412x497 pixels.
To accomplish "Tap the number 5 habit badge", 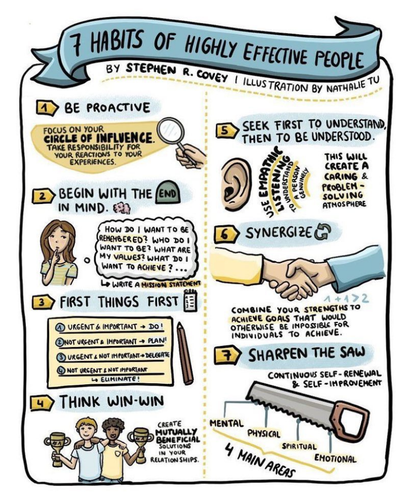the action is click(x=226, y=131).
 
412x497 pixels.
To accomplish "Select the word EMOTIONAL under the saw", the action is click(x=335, y=459).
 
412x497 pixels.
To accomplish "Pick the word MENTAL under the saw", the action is click(x=227, y=423).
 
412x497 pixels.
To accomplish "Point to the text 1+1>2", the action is click(x=347, y=299).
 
